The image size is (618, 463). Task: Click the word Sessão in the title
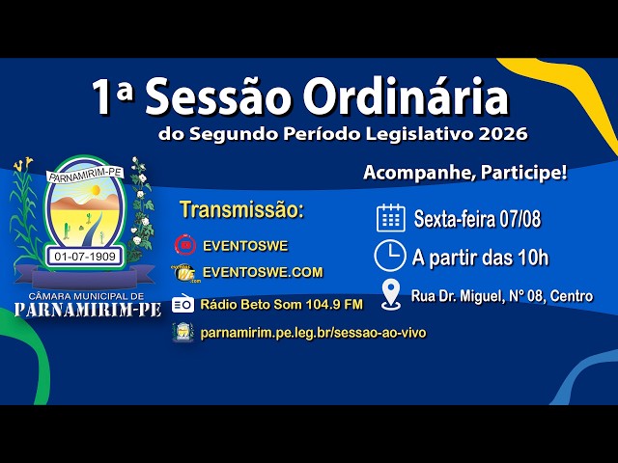[219, 96]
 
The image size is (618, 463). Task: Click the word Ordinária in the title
[406, 96]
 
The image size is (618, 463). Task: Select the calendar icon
[390, 218]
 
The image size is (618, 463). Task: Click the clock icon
[389, 256]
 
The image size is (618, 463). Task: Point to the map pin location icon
[391, 294]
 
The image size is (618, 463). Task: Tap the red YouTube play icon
[185, 245]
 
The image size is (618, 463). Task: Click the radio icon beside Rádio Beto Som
[183, 304]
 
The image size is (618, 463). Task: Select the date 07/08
[520, 219]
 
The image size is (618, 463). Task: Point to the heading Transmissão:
[242, 209]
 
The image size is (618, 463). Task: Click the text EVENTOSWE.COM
[263, 272]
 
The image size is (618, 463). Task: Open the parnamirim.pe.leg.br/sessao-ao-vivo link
[313, 333]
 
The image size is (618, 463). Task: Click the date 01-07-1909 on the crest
[85, 257]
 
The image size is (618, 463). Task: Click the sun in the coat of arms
[95, 191]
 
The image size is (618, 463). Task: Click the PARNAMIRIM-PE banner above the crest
[86, 175]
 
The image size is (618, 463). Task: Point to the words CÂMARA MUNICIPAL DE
[87, 296]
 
